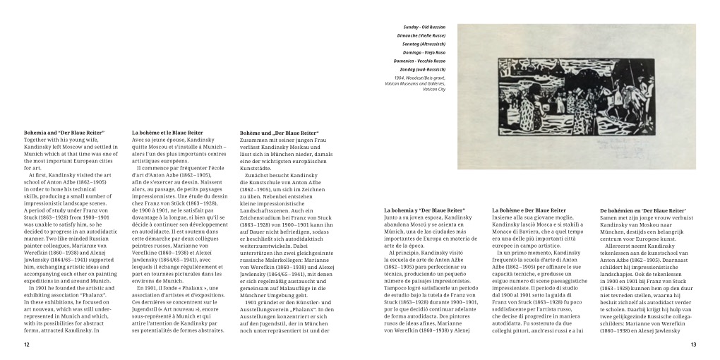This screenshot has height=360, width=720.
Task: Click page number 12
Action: click(x=27, y=344)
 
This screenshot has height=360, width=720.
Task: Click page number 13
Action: click(x=693, y=344)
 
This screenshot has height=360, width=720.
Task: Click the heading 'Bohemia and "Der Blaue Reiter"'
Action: click(x=64, y=132)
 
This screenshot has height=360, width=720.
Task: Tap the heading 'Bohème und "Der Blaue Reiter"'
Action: click(x=279, y=133)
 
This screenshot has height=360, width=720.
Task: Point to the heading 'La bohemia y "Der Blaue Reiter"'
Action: click(x=425, y=210)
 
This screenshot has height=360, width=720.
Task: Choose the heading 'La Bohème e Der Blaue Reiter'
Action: click(x=529, y=210)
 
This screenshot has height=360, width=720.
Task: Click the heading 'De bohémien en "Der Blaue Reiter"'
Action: click(x=643, y=210)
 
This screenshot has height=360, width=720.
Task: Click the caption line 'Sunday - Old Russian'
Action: click(x=426, y=27)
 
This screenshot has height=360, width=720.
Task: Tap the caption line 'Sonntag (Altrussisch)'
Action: click(x=425, y=44)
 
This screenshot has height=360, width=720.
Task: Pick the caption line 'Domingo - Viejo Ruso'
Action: click(x=425, y=52)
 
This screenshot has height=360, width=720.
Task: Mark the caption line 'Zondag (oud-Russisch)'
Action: click(x=424, y=69)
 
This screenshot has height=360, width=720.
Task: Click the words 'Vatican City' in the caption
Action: click(x=434, y=90)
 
